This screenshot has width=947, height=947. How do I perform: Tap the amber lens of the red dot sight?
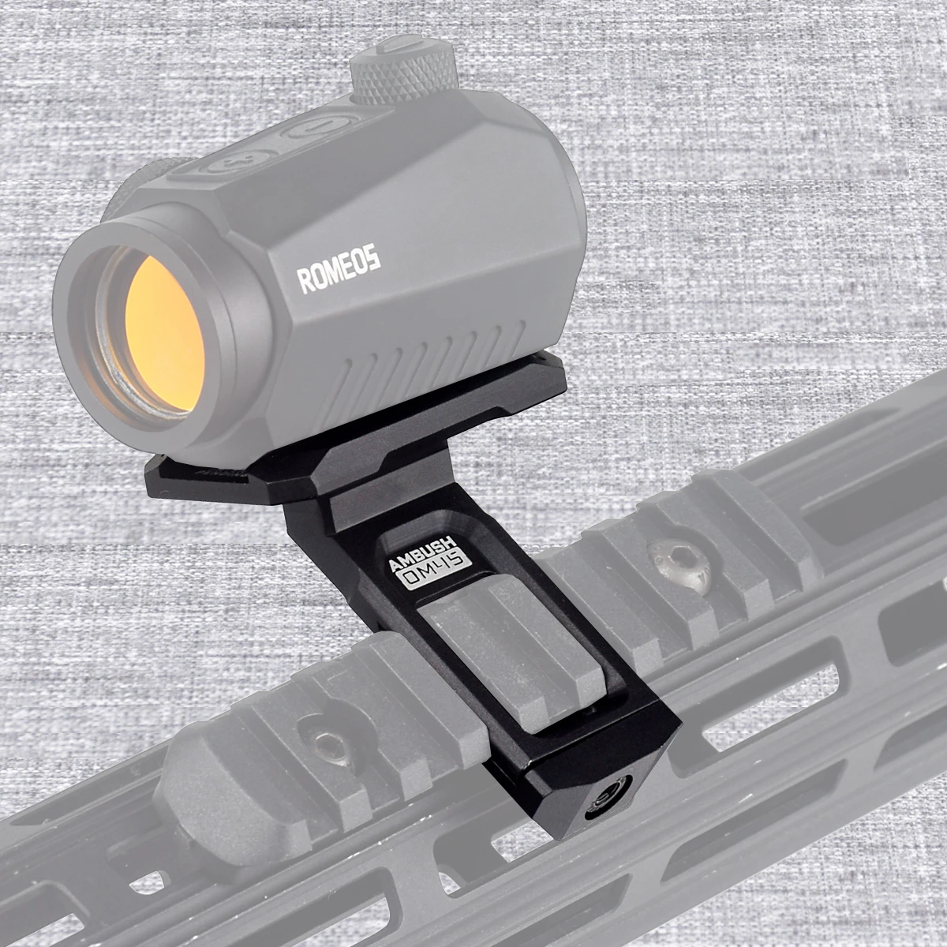164,334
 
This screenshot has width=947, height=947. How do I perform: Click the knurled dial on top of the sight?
405,69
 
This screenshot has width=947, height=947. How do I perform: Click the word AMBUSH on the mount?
423,553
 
